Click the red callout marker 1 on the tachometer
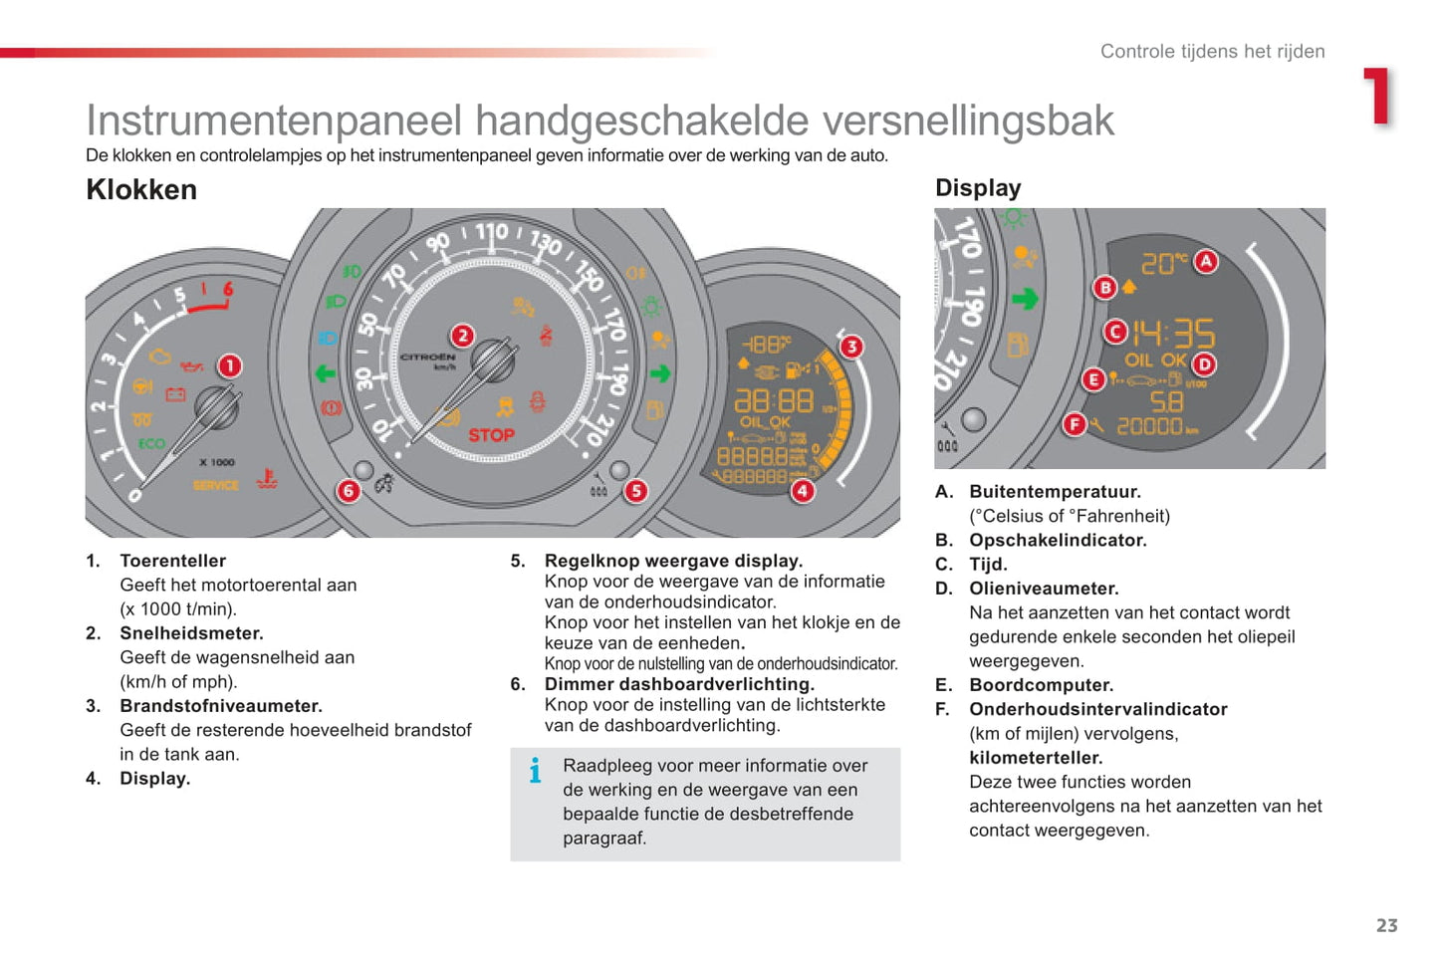[229, 365]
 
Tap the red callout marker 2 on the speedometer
[462, 336]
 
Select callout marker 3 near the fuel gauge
[851, 347]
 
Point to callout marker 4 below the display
[802, 490]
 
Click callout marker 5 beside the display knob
[635, 490]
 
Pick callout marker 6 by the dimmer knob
[348, 490]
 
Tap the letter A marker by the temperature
[1206, 262]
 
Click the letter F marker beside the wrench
[1074, 424]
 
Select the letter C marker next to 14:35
[1115, 332]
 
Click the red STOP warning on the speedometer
[491, 435]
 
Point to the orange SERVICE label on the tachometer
[215, 485]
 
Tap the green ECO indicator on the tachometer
[151, 444]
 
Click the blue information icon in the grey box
[535, 770]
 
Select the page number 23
[1386, 925]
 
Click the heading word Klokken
[141, 189]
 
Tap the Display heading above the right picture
[978, 188]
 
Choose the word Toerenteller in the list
[172, 561]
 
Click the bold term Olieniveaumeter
[1044, 589]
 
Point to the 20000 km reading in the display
[1155, 426]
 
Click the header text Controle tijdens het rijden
[1212, 52]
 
